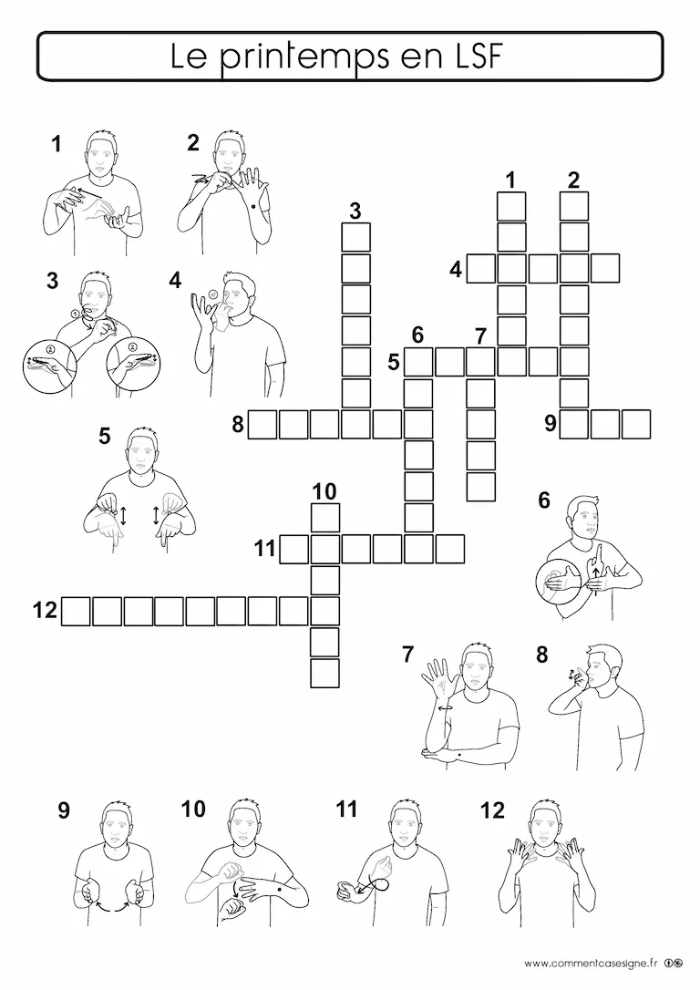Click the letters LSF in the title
click(x=475, y=56)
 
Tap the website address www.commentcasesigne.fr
click(x=591, y=964)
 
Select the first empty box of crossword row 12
click(x=76, y=611)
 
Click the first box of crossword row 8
click(x=262, y=424)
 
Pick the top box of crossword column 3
click(x=356, y=237)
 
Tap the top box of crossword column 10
click(x=325, y=518)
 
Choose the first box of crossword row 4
click(x=481, y=268)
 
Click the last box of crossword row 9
click(x=636, y=424)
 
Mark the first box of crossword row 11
click(x=294, y=549)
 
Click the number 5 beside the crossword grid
click(x=394, y=363)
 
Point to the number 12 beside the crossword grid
click(x=45, y=611)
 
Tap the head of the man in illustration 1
click(x=100, y=152)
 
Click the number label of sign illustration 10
click(x=193, y=809)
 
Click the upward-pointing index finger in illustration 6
click(x=595, y=555)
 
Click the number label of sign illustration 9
click(x=64, y=810)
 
